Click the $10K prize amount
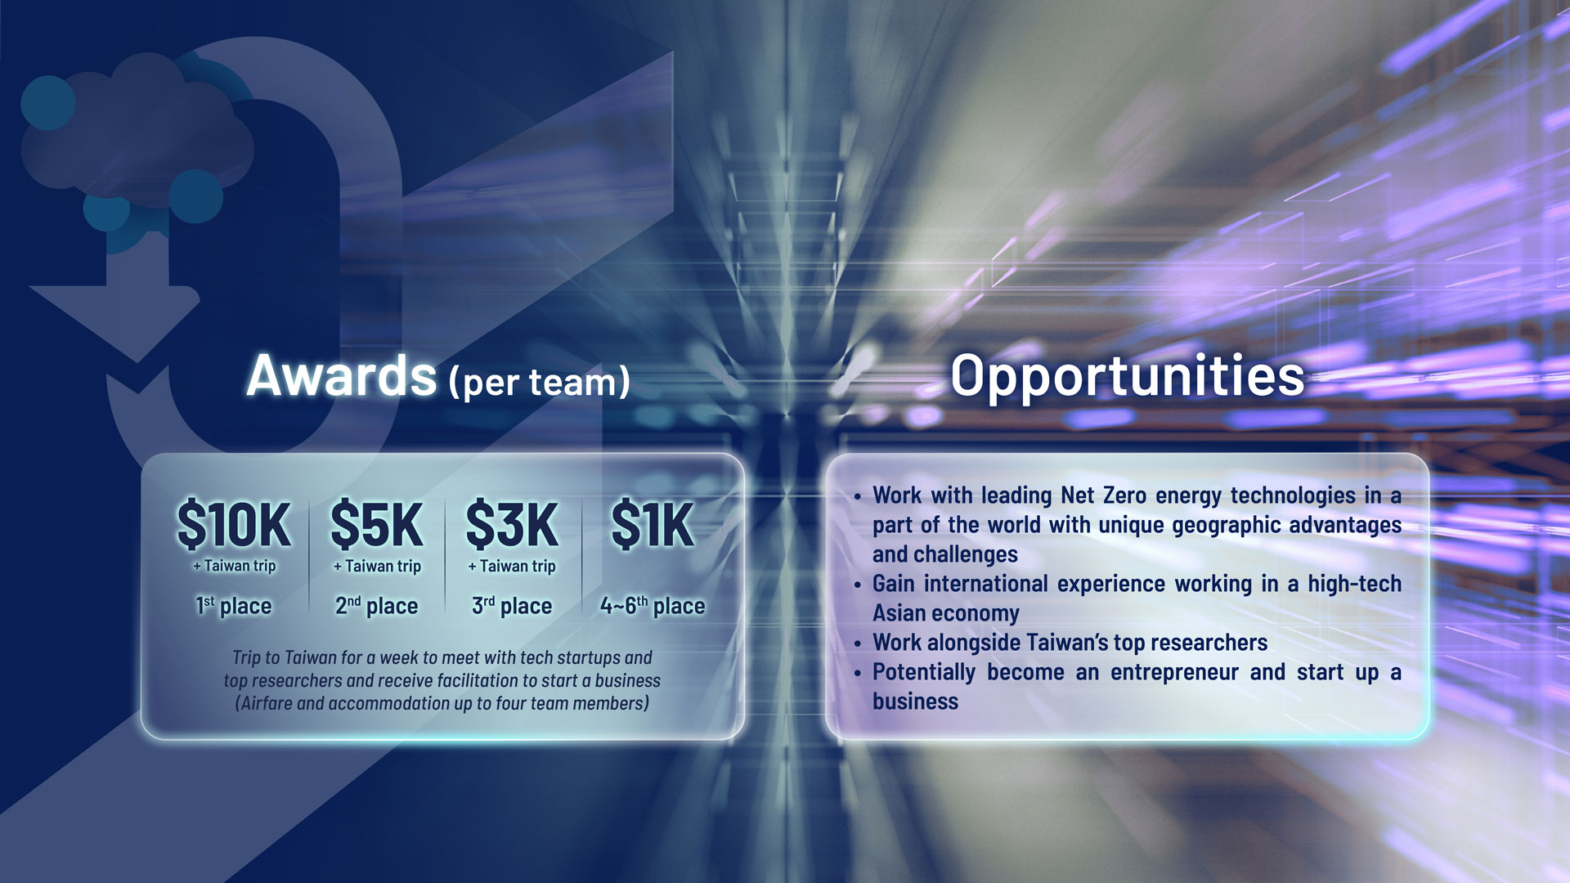point(234,524)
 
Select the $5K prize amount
point(376,524)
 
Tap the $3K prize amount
point(512,524)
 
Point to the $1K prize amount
point(653,524)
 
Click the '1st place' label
point(233,606)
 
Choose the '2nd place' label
point(376,606)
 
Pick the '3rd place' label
point(512,606)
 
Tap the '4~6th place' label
point(653,606)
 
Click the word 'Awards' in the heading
point(342,376)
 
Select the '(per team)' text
point(540,382)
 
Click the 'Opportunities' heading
point(1127,376)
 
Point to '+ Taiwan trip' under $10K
point(235,566)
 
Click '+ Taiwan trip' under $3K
point(512,566)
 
